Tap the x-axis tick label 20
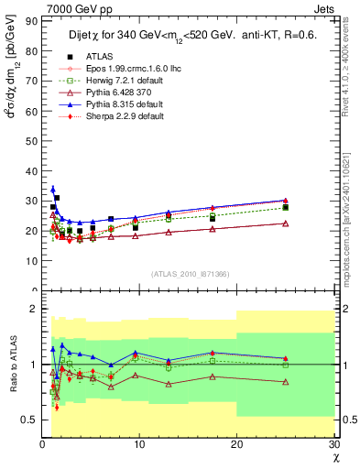click(236, 444)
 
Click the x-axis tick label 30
click(333, 444)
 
